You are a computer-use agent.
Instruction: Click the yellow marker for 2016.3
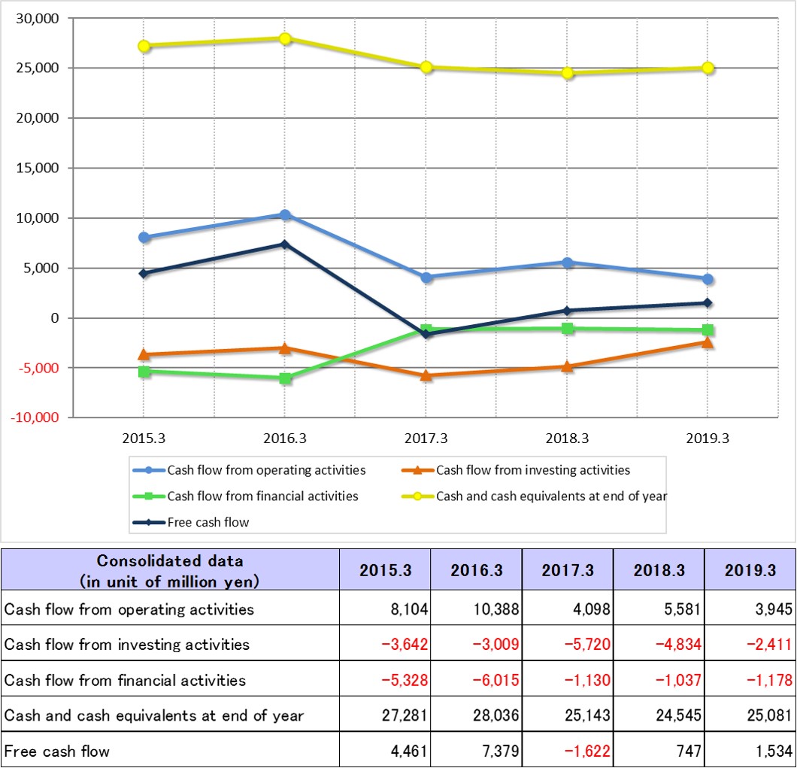pyautogui.click(x=285, y=38)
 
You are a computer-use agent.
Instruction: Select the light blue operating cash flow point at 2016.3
pyautogui.click(x=285, y=215)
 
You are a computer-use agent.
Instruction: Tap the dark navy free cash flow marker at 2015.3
pyautogui.click(x=144, y=274)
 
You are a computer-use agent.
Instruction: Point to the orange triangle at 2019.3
pyautogui.click(x=708, y=342)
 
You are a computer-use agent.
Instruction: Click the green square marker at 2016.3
pyautogui.click(x=285, y=378)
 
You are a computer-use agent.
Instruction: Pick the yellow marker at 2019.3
pyautogui.click(x=708, y=68)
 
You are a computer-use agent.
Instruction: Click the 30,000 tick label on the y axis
pyautogui.click(x=37, y=19)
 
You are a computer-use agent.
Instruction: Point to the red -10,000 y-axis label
pyautogui.click(x=35, y=418)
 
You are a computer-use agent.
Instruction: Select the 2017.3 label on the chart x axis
pyautogui.click(x=426, y=439)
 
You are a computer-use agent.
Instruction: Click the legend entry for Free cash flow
pyautogui.click(x=208, y=522)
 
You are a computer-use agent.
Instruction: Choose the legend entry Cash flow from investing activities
pyautogui.click(x=533, y=470)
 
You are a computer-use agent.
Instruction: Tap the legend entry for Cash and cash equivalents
pyautogui.click(x=551, y=496)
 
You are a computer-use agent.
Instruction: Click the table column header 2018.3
pyautogui.click(x=659, y=570)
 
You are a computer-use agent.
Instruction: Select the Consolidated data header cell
pyautogui.click(x=170, y=570)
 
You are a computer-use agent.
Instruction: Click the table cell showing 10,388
pyautogui.click(x=495, y=609)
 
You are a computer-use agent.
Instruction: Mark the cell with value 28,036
pyautogui.click(x=495, y=715)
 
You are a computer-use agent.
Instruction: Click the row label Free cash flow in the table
pyautogui.click(x=57, y=751)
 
